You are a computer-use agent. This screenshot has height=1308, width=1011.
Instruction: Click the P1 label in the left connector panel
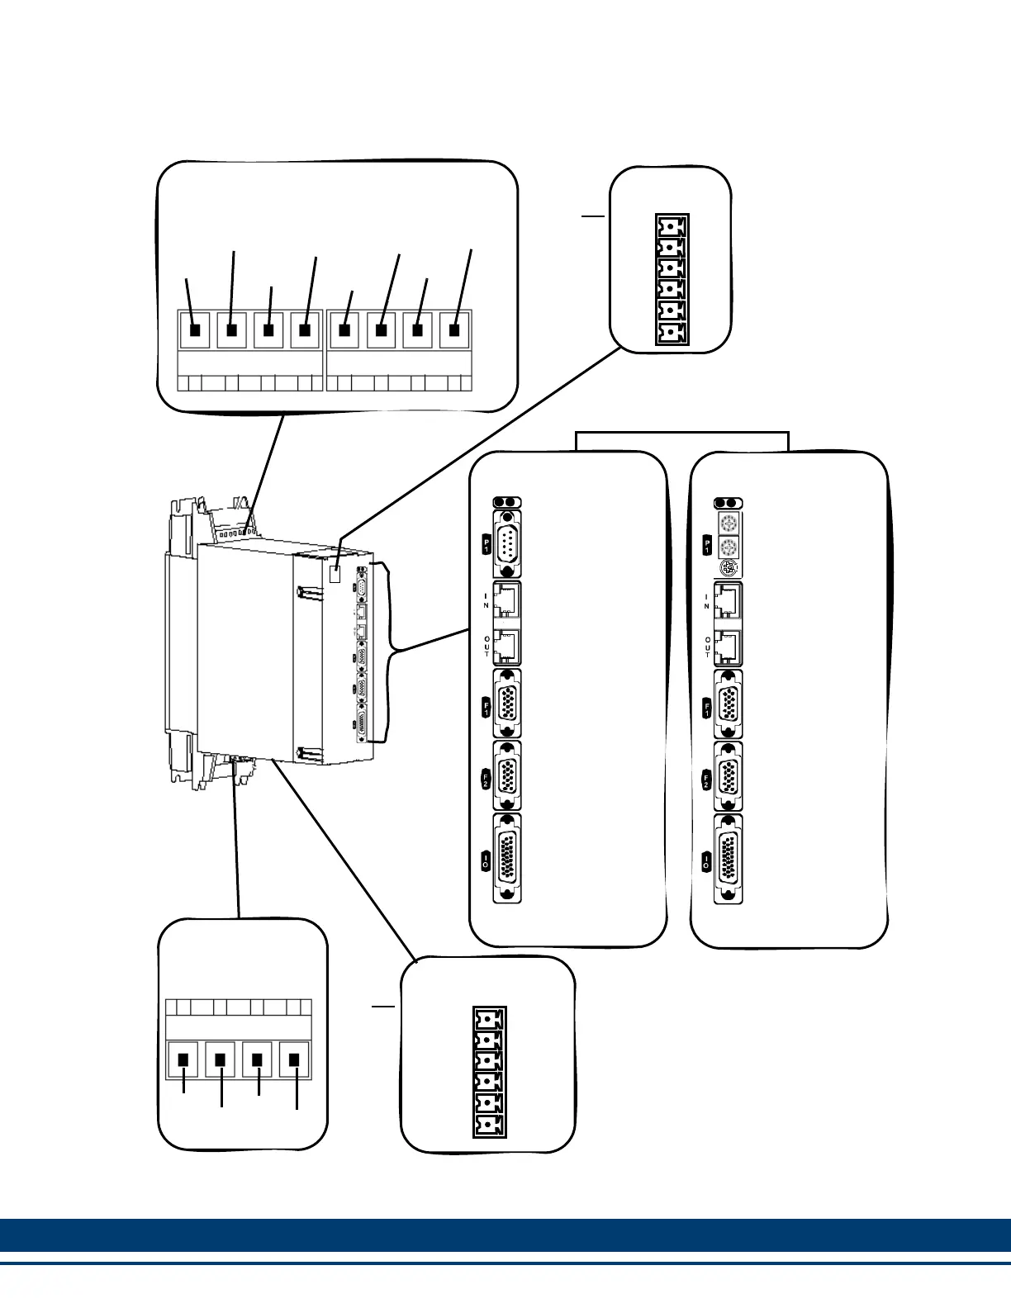487,544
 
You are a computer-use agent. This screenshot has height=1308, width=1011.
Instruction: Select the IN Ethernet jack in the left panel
507,601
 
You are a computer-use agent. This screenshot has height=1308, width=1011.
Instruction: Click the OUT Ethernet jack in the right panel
728,647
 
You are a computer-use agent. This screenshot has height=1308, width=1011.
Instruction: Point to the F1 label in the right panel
707,708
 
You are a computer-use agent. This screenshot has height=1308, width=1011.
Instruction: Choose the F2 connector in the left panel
507,775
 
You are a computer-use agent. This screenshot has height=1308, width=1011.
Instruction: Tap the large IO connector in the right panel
728,858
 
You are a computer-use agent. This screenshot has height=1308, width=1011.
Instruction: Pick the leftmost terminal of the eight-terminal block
196,330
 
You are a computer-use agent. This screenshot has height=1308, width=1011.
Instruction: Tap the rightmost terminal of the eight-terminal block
454,330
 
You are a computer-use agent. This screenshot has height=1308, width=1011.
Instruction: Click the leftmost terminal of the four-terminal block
184,1060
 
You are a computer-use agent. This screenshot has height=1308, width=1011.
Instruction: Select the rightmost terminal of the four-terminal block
293,1060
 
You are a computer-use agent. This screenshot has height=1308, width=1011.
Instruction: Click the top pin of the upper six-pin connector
672,226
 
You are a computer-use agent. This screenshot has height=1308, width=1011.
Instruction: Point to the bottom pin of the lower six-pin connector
490,1125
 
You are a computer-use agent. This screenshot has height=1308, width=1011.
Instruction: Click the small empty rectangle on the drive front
335,575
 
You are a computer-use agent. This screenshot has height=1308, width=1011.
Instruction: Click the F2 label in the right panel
707,780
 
